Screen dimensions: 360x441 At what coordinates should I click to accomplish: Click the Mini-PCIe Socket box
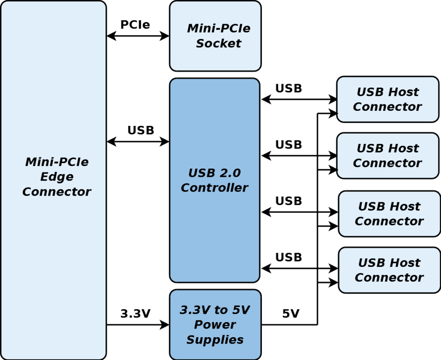[215, 36]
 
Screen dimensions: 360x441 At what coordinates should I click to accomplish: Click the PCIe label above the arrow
[135, 25]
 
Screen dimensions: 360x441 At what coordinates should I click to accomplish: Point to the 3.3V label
[135, 314]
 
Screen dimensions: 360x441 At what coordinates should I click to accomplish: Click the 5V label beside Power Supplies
[291, 314]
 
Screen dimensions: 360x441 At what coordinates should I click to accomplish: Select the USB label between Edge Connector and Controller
[140, 130]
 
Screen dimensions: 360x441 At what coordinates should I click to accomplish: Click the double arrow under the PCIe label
[138, 36]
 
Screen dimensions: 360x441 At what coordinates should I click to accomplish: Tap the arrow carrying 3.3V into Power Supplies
[138, 325]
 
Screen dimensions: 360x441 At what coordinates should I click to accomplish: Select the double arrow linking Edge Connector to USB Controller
[138, 141]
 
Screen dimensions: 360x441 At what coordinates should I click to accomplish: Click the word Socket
[218, 44]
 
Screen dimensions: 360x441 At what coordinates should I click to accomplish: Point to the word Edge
[57, 177]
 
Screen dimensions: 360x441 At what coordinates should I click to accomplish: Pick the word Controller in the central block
[214, 188]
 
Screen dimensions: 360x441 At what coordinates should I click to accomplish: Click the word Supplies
[215, 339]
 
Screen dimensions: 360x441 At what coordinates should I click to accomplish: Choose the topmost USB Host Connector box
[388, 99]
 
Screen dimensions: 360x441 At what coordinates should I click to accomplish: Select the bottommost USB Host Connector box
[389, 270]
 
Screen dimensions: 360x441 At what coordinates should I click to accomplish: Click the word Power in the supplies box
[215, 325]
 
